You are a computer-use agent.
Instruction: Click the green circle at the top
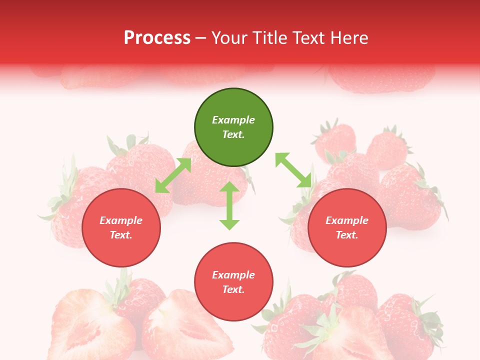click(x=233, y=127)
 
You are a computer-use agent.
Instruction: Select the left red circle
click(x=121, y=228)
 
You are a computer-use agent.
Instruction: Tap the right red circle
click(x=347, y=228)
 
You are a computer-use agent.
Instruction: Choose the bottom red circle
click(x=233, y=282)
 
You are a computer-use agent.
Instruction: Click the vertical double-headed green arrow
click(x=229, y=205)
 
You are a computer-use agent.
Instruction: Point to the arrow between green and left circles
click(x=173, y=175)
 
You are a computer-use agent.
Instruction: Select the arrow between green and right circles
click(x=293, y=170)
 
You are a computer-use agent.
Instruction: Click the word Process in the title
click(x=157, y=37)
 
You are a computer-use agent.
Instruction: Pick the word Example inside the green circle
click(x=233, y=120)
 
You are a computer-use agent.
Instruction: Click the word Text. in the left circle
click(x=121, y=235)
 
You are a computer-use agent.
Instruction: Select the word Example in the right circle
click(x=347, y=220)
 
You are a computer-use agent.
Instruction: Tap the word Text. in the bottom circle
click(x=233, y=289)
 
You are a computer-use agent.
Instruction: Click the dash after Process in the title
click(x=200, y=38)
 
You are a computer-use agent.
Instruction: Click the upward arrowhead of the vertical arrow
click(x=229, y=187)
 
